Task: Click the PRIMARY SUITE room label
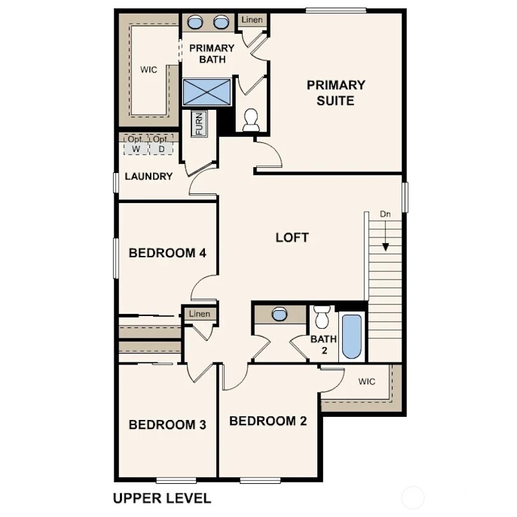pos(336,93)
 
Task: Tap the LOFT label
pos(292,237)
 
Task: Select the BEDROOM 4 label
pos(167,253)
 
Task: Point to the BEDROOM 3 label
pos(167,424)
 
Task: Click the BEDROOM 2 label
pos(268,421)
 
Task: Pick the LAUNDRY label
pos(149,176)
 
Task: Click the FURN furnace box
pos(199,124)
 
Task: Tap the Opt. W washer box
pos(135,144)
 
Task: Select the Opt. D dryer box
pos(161,144)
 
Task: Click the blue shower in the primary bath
pos(207,92)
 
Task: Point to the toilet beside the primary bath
pos(251,120)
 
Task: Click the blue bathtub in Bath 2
pos(352,336)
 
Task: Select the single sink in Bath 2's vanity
pos(280,314)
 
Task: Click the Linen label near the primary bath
pos(251,20)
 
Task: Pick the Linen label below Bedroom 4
pos(200,313)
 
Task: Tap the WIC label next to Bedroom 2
pos(366,382)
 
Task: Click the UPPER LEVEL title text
pos(161,497)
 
